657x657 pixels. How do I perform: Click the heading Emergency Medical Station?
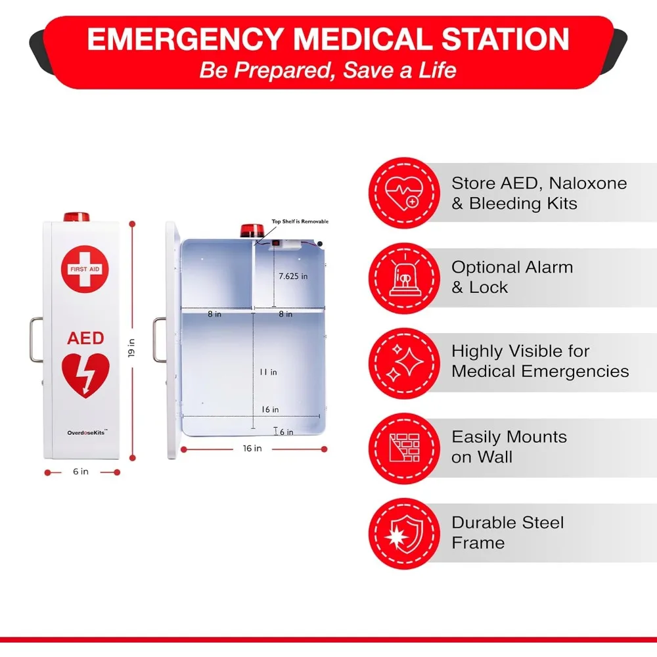(x=328, y=39)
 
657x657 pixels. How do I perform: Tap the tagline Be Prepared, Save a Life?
(x=328, y=70)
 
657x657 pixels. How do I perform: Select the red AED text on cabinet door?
(x=85, y=338)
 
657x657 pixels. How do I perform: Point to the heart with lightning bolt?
(x=85, y=375)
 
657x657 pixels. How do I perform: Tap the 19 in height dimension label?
(x=131, y=348)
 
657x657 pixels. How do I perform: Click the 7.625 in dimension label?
(x=293, y=277)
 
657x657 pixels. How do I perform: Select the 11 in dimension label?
(x=268, y=372)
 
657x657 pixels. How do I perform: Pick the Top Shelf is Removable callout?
(x=300, y=222)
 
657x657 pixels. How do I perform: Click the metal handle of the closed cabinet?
(x=36, y=339)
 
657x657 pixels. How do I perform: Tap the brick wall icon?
(x=403, y=449)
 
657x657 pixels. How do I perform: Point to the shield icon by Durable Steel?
(x=403, y=534)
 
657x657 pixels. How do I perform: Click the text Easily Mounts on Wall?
(x=509, y=447)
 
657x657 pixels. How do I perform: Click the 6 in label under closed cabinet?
(x=81, y=472)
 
